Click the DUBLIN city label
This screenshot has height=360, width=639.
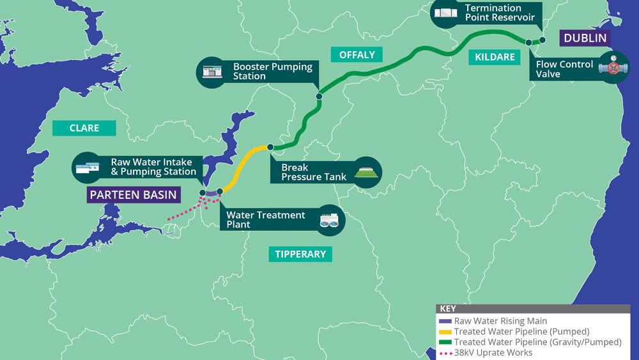(x=585, y=38)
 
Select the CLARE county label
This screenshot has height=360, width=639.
(x=84, y=128)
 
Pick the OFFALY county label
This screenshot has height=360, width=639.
(x=357, y=54)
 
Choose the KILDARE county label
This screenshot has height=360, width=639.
(x=495, y=57)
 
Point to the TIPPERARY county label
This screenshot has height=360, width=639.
(x=300, y=254)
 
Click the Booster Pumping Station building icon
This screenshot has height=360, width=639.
(x=210, y=71)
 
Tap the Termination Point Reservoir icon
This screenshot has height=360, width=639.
(x=445, y=13)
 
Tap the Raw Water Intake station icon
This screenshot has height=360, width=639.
(x=88, y=168)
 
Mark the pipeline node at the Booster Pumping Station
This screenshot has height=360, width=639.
(x=319, y=97)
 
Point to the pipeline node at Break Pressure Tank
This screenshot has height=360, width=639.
(x=270, y=147)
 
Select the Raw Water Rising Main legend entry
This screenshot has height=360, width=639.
(x=500, y=321)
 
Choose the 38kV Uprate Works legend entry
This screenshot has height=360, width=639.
(x=493, y=352)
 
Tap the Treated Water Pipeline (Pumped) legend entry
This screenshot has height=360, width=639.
(x=521, y=332)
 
